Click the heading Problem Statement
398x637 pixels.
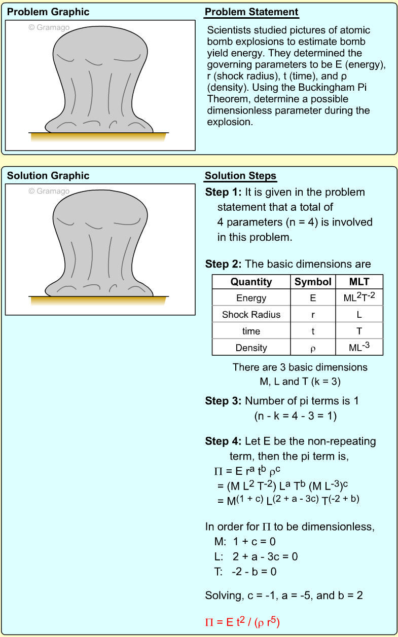(x=251, y=12)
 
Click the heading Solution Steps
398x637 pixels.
(x=240, y=176)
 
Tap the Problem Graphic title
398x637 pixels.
(x=48, y=12)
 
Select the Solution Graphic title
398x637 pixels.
(x=48, y=176)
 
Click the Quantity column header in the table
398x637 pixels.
(x=251, y=282)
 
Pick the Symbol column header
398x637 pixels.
(x=313, y=282)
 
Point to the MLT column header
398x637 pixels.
(x=359, y=282)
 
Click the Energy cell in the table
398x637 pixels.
(x=251, y=298)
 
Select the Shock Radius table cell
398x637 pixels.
(x=251, y=315)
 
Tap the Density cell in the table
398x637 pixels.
(x=251, y=348)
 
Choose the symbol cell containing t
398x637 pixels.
(x=313, y=331)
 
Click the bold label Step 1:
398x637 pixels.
(x=224, y=193)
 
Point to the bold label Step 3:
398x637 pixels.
(x=224, y=401)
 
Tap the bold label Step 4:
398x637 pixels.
(x=224, y=441)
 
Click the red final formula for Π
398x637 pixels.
(x=242, y=621)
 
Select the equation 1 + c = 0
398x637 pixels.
(x=254, y=542)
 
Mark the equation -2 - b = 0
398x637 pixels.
(x=254, y=572)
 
